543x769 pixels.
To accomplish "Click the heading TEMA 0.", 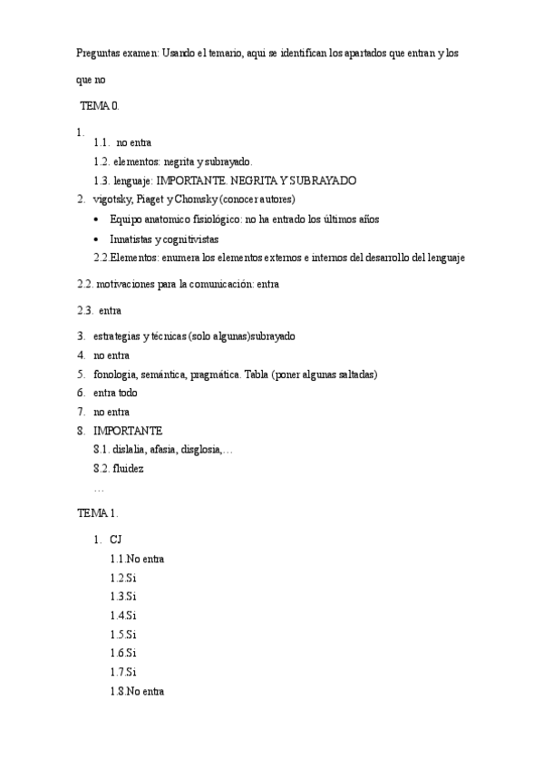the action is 99,106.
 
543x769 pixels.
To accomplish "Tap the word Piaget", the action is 150,200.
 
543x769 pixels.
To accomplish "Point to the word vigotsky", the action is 112,200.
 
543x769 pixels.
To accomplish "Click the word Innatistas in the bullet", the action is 130,238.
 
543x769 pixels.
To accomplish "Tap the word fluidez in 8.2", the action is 128,469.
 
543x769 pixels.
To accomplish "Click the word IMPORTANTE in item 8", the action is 128,430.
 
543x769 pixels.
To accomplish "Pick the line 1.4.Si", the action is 122,616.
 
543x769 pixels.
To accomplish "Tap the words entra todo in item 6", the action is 115,393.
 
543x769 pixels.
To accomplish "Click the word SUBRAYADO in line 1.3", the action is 324,180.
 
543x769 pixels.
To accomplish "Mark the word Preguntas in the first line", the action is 98,54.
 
